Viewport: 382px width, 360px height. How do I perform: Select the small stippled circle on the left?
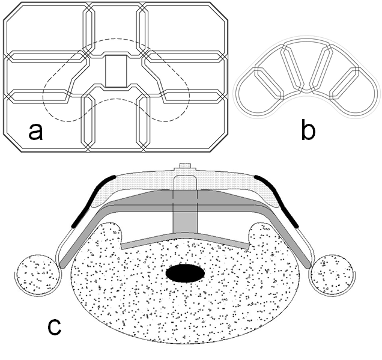click(x=39, y=275)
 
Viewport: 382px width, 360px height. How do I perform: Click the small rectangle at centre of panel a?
click(x=116, y=70)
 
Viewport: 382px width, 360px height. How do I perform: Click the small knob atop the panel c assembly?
click(x=185, y=168)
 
